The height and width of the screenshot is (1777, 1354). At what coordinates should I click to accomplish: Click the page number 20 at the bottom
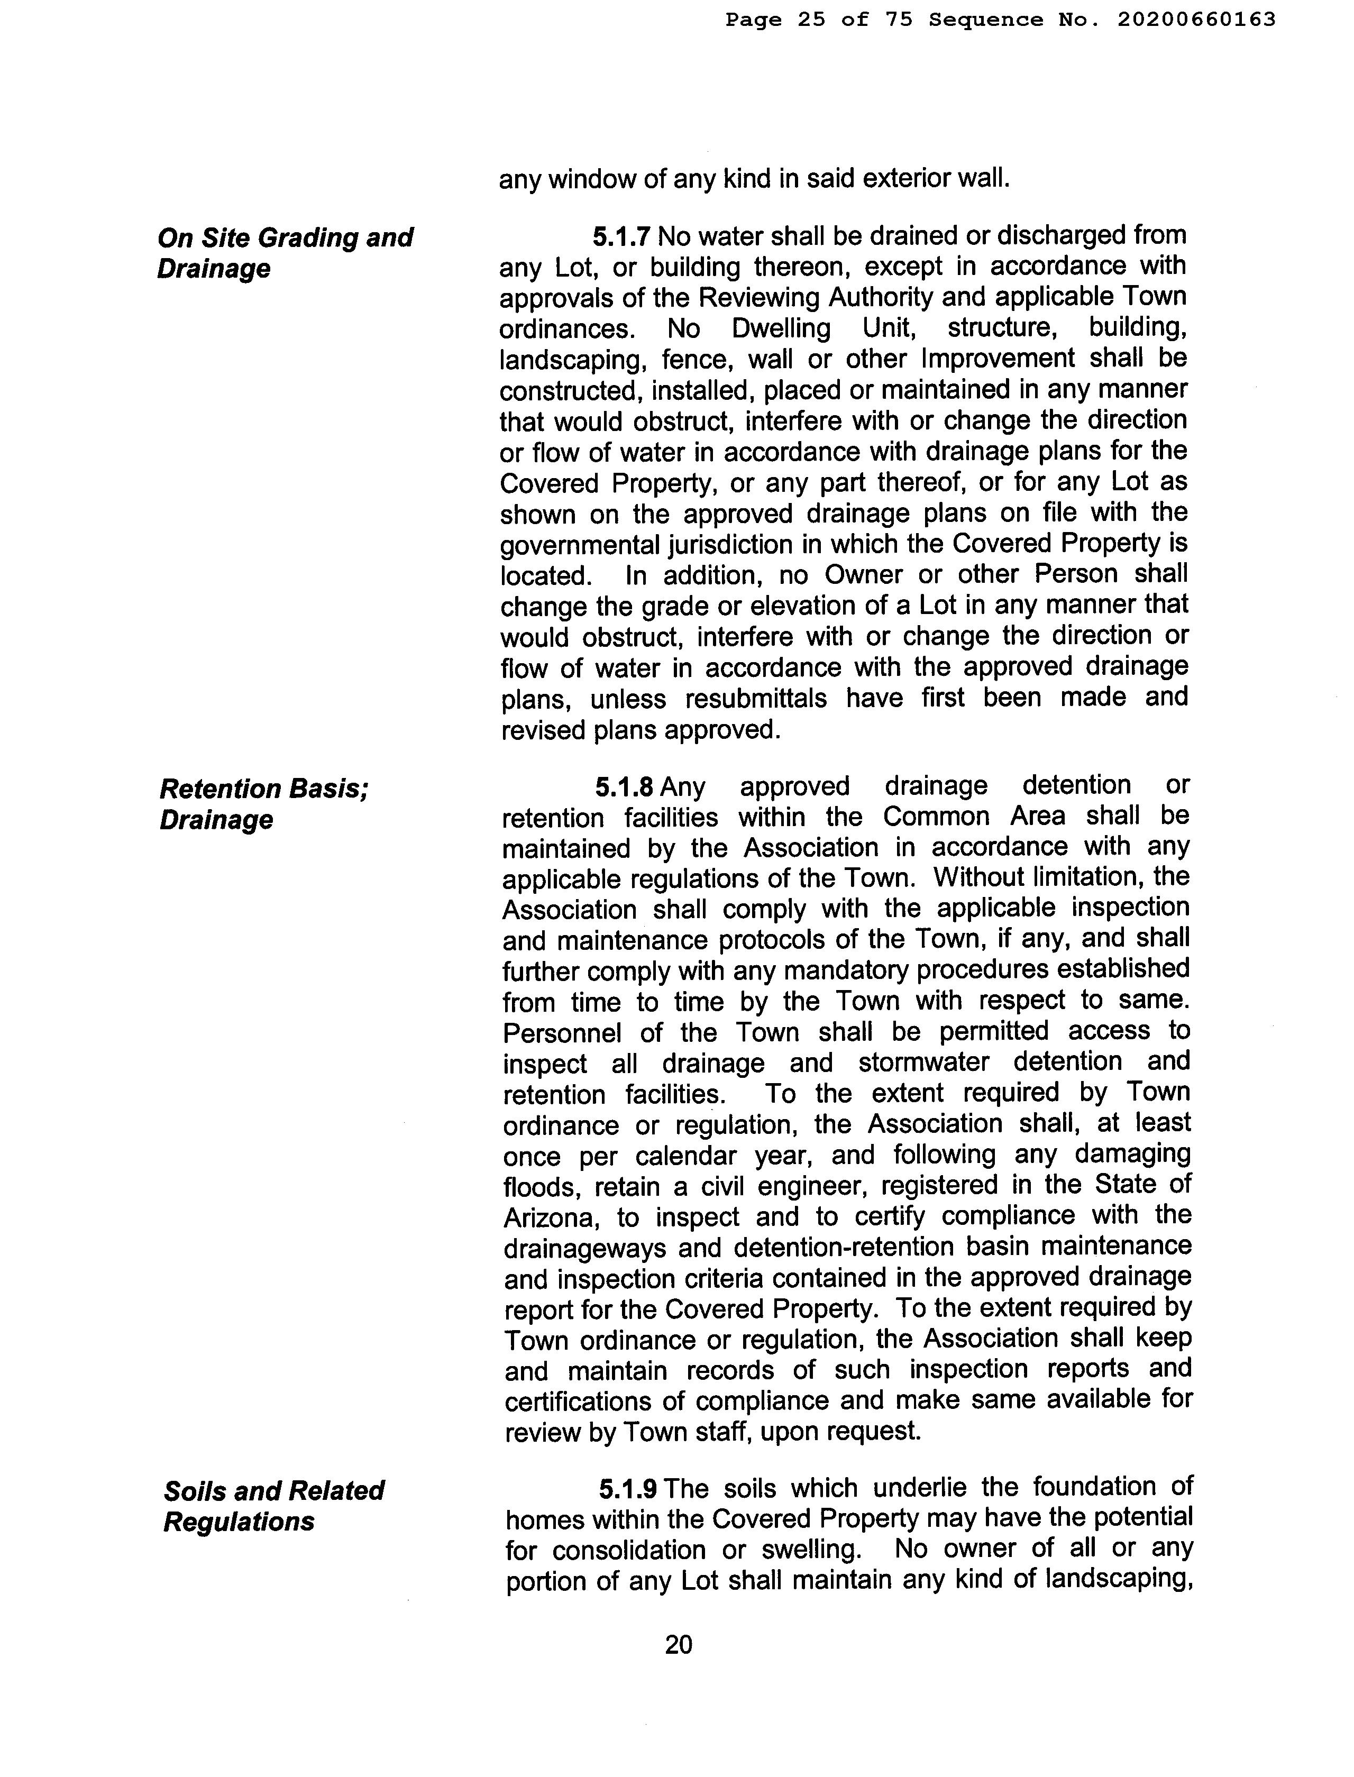pos(679,1644)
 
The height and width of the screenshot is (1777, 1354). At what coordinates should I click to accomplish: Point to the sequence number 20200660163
pos(1196,20)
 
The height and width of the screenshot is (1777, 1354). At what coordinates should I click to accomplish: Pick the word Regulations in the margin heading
pos(239,1522)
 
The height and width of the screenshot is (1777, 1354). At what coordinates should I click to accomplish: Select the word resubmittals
pos(708,698)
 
